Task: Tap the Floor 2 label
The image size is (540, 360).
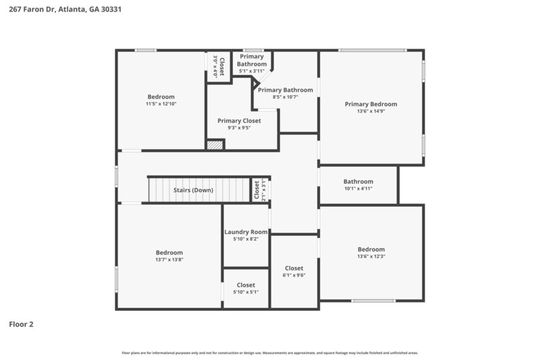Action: click(21, 324)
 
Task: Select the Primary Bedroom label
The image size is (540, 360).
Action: click(371, 104)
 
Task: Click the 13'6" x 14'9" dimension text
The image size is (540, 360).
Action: click(371, 111)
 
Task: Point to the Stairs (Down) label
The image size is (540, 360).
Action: click(193, 190)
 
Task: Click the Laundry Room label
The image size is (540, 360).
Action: click(246, 232)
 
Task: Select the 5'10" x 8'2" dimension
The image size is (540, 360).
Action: click(246, 239)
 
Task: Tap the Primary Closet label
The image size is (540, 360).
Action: click(239, 121)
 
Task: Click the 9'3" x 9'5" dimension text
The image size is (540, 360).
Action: click(239, 128)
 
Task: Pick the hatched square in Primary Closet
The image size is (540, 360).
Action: click(215, 145)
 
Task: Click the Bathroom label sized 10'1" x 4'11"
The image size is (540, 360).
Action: click(358, 181)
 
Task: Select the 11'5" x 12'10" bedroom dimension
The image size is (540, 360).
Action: click(161, 104)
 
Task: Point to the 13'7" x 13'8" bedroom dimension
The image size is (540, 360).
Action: click(169, 259)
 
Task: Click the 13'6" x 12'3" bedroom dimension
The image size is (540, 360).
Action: click(371, 256)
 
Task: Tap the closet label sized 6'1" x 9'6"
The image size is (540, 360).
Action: click(294, 268)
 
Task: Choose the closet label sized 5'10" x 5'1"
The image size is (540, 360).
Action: click(246, 285)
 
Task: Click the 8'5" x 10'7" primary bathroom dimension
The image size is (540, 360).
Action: click(285, 97)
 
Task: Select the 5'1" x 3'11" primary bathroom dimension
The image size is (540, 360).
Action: click(252, 71)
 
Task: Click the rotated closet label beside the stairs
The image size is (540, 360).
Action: click(256, 190)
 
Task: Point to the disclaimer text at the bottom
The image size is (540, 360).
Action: click(269, 353)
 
